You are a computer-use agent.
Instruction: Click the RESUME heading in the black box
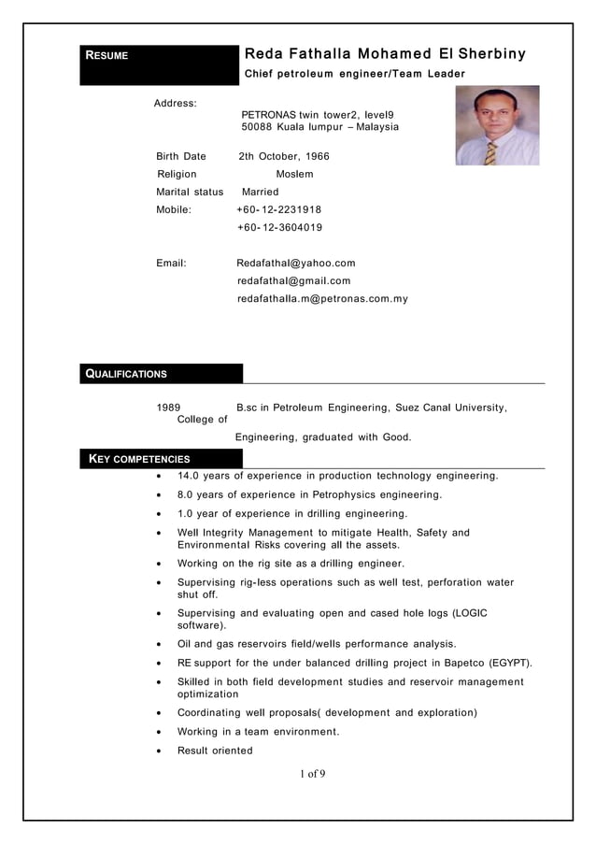point(107,55)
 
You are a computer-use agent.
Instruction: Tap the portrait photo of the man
point(497,125)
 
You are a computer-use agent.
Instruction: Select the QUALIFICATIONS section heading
point(127,375)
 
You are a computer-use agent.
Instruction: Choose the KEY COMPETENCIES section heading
point(138,459)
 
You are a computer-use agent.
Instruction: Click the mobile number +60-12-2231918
point(279,209)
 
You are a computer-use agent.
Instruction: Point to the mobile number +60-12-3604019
point(279,227)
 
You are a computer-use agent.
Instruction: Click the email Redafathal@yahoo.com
point(296,264)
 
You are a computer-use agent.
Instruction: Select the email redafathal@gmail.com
point(294,280)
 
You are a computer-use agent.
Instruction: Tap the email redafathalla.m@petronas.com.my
point(322,299)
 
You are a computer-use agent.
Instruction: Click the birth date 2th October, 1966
point(284,156)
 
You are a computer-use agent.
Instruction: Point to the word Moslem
point(294,174)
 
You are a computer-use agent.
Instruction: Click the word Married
point(260,192)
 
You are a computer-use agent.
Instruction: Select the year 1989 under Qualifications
point(168,408)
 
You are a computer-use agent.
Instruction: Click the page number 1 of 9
point(313,773)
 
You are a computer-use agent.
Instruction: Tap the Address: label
point(175,102)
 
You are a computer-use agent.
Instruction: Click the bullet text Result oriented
point(215,751)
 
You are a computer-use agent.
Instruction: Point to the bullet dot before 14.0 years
point(160,476)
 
